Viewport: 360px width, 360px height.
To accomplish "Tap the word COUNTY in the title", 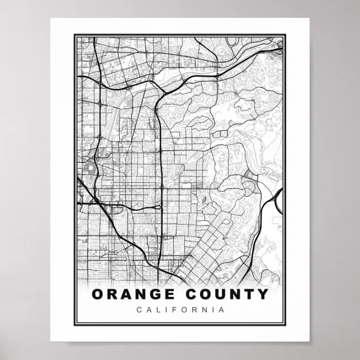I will tap(231, 294).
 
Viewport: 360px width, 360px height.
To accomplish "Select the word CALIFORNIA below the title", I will tap(180, 309).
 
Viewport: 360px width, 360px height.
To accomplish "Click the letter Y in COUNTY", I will tap(263, 294).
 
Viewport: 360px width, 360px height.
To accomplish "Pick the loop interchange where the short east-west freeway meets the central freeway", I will tap(160, 207).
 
